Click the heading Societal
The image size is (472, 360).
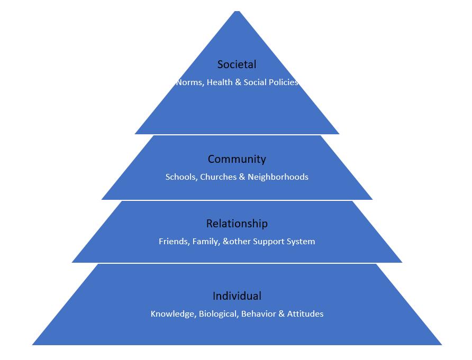click(x=237, y=64)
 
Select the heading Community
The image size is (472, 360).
click(x=237, y=159)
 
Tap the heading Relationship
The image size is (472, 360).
click(x=237, y=224)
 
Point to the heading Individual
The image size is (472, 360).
click(x=237, y=296)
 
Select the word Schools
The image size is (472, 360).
click(x=180, y=177)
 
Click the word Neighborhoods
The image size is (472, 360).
click(x=278, y=177)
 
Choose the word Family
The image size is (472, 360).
click(x=203, y=242)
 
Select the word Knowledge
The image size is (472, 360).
click(x=173, y=314)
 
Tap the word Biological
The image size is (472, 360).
click(x=219, y=314)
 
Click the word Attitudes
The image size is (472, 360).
click(x=305, y=314)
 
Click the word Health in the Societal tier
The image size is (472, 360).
click(x=219, y=82)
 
